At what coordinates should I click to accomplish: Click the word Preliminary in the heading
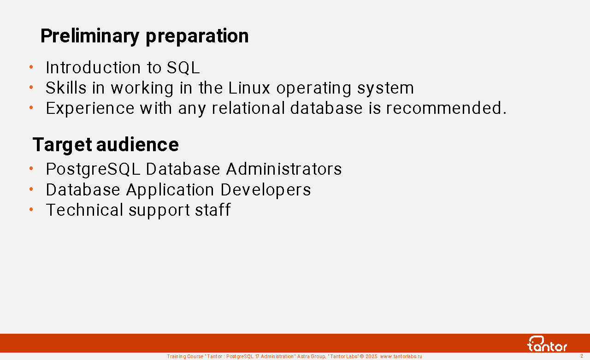[90, 36]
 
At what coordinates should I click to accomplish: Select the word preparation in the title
[197, 36]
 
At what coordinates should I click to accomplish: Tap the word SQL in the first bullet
[183, 68]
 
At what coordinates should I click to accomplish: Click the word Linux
[249, 88]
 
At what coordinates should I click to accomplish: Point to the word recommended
[446, 108]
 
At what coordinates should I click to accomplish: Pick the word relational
[248, 108]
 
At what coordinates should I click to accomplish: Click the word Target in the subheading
[62, 145]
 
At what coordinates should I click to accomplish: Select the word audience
[137, 145]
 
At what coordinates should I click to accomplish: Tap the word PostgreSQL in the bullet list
[93, 169]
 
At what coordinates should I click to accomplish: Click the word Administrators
[284, 169]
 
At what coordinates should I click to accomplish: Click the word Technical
[84, 210]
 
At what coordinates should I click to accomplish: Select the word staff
[213, 210]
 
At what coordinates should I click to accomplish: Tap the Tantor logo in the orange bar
[547, 344]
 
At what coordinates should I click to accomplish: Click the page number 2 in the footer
[582, 356]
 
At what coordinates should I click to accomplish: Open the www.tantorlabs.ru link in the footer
[401, 356]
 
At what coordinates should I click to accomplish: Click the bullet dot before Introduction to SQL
[31, 67]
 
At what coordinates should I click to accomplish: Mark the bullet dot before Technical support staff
[31, 209]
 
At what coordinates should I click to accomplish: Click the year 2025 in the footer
[372, 356]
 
